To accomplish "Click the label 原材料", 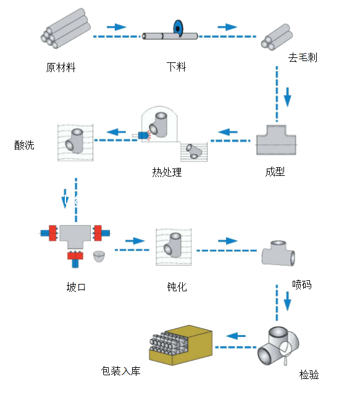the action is (x=61, y=67).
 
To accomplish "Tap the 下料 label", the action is (x=176, y=67).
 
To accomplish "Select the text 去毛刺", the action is (x=303, y=57).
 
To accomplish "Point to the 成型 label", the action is (x=275, y=172).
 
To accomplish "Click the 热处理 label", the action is (x=167, y=172).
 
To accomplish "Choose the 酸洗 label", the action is (x=24, y=146).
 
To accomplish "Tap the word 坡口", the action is (x=76, y=287).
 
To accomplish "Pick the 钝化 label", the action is (x=177, y=287).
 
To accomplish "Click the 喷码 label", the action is (x=302, y=285).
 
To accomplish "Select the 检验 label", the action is (x=309, y=375).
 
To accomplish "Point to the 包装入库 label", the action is (x=120, y=371).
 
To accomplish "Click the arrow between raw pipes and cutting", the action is (x=116, y=27).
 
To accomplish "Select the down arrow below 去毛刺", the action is (x=287, y=98).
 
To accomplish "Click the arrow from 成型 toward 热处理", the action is (x=228, y=132).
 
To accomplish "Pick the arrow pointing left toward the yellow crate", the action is (x=236, y=336).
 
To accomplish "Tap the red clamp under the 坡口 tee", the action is (x=75, y=256).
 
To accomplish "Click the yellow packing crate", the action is (x=181, y=345).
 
